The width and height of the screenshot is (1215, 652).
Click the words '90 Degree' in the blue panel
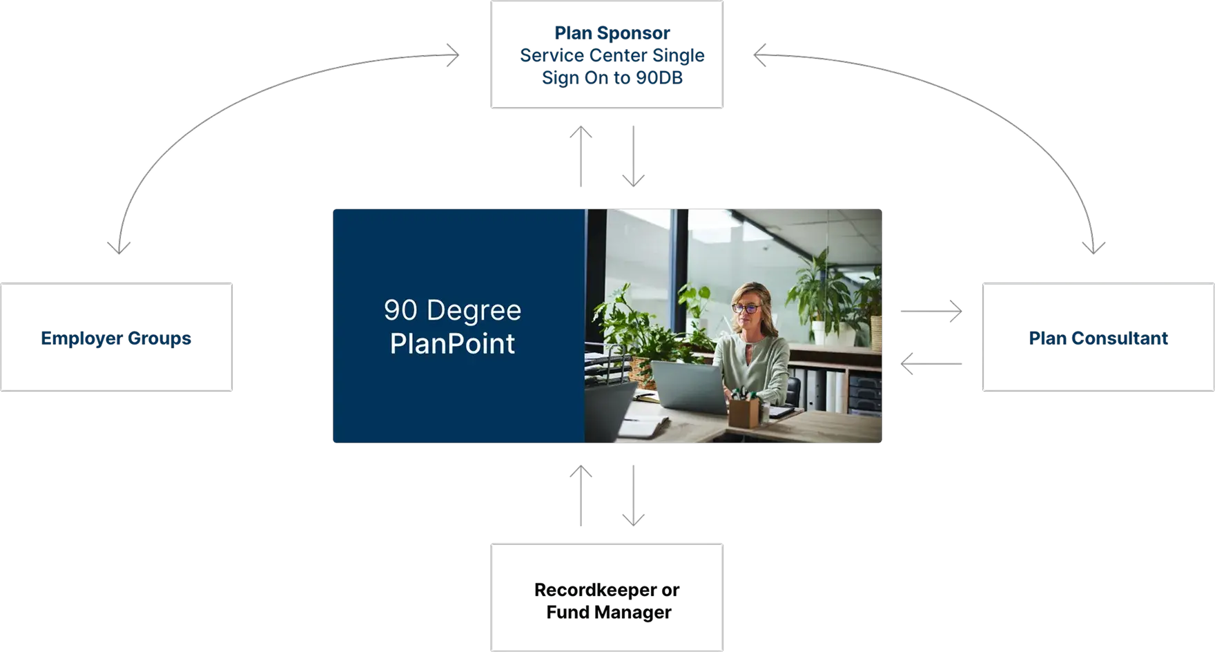[x=452, y=310]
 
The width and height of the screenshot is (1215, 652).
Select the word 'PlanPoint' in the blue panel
[x=452, y=343]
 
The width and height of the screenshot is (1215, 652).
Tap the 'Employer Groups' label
[x=116, y=338]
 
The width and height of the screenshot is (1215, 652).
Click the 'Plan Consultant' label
[x=1098, y=338]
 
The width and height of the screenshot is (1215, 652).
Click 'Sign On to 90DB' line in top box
[x=612, y=77]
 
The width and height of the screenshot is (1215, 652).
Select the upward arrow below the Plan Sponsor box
[x=582, y=155]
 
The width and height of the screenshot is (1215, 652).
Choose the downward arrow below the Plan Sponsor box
[x=633, y=156]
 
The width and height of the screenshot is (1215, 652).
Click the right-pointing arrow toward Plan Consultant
[x=932, y=311]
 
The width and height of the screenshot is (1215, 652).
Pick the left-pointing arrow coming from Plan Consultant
[x=932, y=362]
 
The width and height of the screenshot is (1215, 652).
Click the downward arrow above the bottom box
[x=633, y=496]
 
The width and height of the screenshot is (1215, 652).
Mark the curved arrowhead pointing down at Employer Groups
[x=119, y=245]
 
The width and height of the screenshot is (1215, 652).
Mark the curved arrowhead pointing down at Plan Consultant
[x=1094, y=245]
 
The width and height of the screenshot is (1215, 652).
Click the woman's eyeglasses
[x=746, y=309]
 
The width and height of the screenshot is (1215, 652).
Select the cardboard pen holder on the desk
[x=744, y=412]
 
